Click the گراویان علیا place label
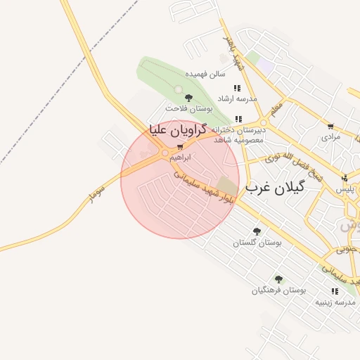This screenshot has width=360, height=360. (176, 130)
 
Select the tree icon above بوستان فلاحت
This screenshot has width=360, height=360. (188, 98)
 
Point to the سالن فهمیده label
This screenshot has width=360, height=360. (205, 73)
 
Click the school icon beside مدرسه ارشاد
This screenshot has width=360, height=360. (238, 88)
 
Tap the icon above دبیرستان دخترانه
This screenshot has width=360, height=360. (238, 119)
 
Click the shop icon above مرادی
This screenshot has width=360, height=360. (330, 127)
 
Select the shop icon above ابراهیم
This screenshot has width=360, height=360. (181, 148)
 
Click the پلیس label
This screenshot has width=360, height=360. (345, 189)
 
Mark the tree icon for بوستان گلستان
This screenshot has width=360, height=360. (256, 231)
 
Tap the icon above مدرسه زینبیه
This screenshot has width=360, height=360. (334, 291)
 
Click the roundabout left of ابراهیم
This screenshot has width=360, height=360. (165, 153)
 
